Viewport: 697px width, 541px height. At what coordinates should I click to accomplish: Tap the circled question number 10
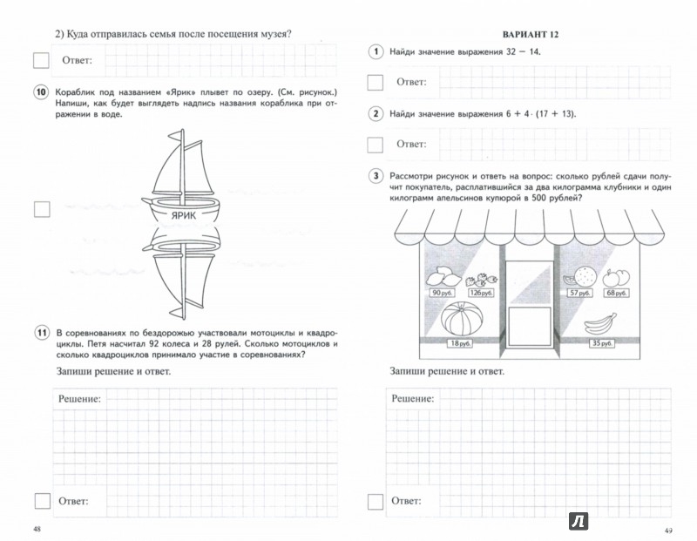click(x=40, y=93)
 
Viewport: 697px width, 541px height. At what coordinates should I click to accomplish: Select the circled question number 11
click(x=40, y=333)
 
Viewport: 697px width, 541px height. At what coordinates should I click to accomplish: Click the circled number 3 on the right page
click(x=376, y=177)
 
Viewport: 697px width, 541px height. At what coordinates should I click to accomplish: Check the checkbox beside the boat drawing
click(x=41, y=209)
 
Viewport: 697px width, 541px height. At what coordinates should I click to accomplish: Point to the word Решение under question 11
click(x=78, y=398)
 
